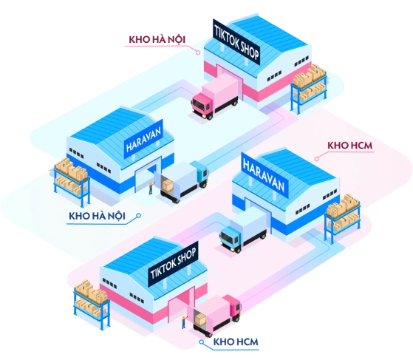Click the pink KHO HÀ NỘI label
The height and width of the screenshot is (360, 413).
pyautogui.click(x=157, y=38)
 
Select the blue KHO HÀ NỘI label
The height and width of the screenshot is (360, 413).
pyautogui.click(x=95, y=215)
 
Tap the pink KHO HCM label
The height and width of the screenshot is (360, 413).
pyautogui.click(x=349, y=146)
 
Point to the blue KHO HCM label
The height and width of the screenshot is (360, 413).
pyautogui.click(x=236, y=342)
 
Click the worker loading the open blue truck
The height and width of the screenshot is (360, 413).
pyautogui.click(x=151, y=188)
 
